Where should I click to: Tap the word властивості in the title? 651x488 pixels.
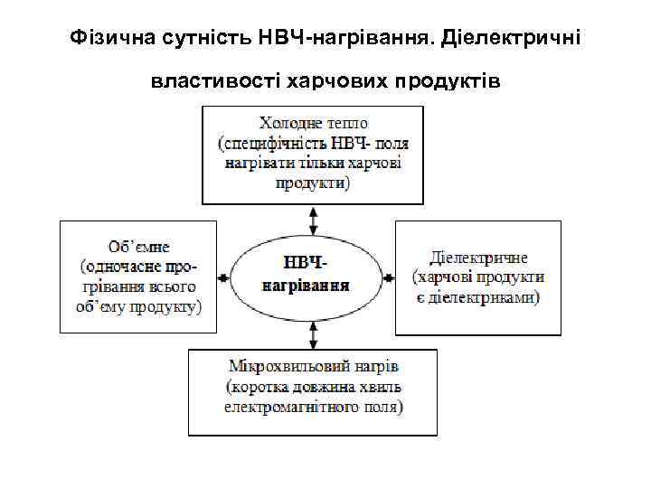[213, 82]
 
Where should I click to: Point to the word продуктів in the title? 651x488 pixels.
[446, 82]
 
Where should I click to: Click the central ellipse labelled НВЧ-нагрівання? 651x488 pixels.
[313, 275]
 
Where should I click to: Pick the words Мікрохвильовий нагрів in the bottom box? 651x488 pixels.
[314, 367]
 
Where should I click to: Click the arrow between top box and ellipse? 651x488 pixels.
[313, 220]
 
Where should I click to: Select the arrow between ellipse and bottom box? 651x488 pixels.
[313, 335]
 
